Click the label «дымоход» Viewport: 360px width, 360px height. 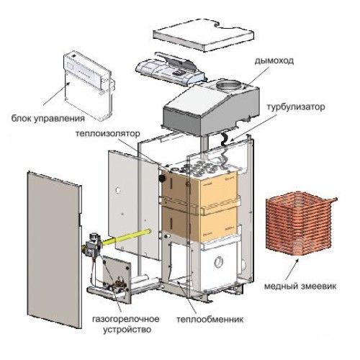pos(274,61)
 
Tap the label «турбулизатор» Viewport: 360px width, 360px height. pos(296,107)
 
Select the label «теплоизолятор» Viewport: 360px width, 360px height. pos(107,133)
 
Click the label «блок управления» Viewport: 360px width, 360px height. pos(48,118)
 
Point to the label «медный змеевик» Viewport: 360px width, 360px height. pos(300,286)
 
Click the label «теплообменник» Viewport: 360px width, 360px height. pos(210,320)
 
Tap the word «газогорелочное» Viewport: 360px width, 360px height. pos(125,319)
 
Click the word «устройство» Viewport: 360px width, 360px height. pos(127,329)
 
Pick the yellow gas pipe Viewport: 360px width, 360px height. pos(127,238)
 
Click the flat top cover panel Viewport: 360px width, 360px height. pos(203,35)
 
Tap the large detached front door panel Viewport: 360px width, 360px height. pos(55,250)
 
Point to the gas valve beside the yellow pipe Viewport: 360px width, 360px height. pos(93,246)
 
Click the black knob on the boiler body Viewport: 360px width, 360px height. pos(162,178)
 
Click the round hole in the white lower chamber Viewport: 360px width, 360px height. pos(218,261)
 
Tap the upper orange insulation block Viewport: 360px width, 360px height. pos(200,187)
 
